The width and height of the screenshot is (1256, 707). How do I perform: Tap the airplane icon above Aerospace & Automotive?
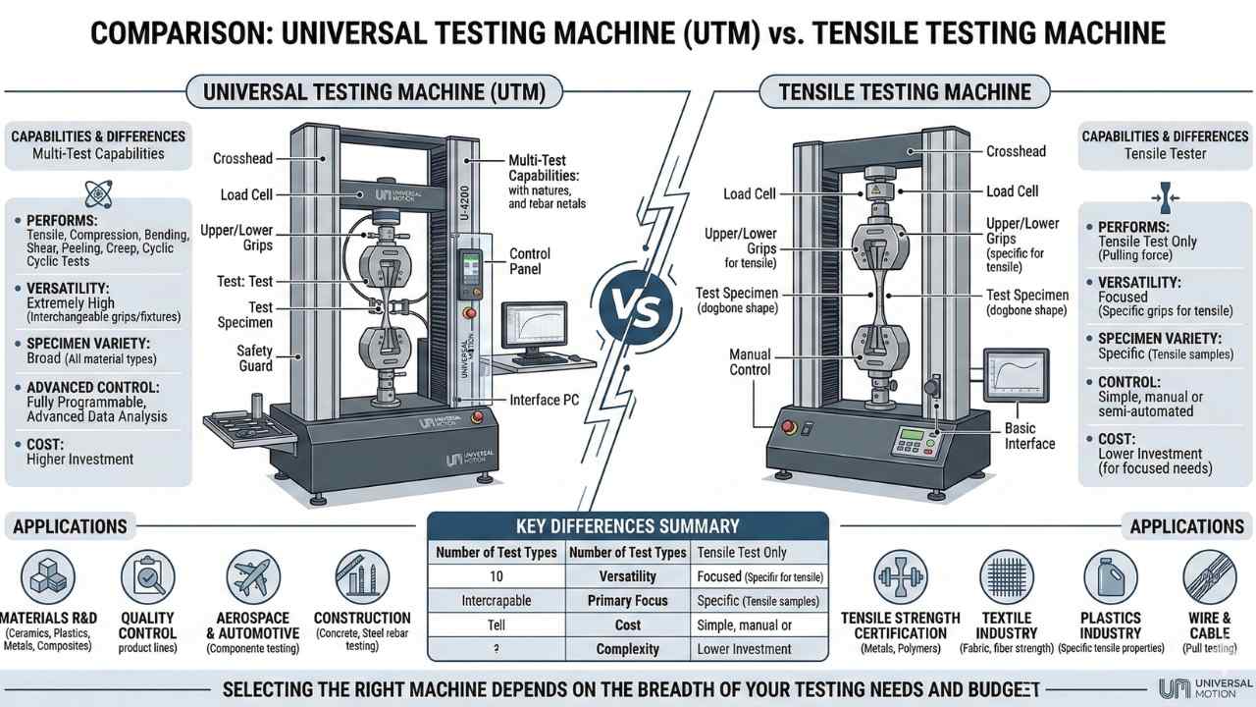pos(252,576)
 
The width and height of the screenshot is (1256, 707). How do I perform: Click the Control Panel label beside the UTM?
pos(530,261)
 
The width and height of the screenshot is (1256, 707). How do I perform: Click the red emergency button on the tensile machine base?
pos(785,428)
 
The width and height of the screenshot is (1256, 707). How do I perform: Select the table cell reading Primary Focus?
pos(627,600)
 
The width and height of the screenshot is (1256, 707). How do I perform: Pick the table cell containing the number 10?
pos(497,576)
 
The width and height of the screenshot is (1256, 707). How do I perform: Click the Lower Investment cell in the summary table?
pos(744,649)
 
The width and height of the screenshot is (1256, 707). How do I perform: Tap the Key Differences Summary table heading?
pos(628,525)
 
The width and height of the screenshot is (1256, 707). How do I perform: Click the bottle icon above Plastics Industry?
pos(1109,576)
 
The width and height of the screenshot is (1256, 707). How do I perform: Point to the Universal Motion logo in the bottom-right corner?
pos(1204,687)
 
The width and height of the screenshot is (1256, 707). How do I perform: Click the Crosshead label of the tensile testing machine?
pos(1016,151)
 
